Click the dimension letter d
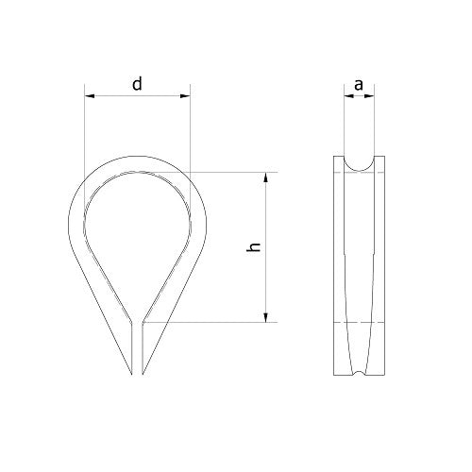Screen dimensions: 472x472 point(137,85)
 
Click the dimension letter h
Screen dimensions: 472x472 point(252,247)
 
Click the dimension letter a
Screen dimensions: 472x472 point(359,85)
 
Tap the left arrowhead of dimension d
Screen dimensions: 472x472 point(88,95)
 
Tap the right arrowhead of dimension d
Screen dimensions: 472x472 point(186,95)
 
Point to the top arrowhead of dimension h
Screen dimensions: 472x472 point(269,177)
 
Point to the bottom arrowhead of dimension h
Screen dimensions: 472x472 point(269,318)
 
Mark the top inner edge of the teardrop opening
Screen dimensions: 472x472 point(137,173)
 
